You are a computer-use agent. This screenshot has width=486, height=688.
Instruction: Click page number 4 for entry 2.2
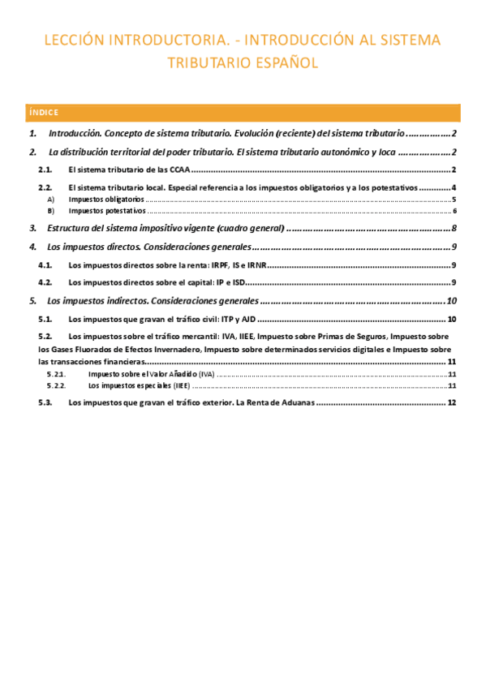(x=454, y=187)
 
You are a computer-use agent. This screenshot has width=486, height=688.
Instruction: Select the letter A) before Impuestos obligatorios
(x=51, y=199)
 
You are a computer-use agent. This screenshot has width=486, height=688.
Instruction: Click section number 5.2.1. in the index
(x=56, y=374)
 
